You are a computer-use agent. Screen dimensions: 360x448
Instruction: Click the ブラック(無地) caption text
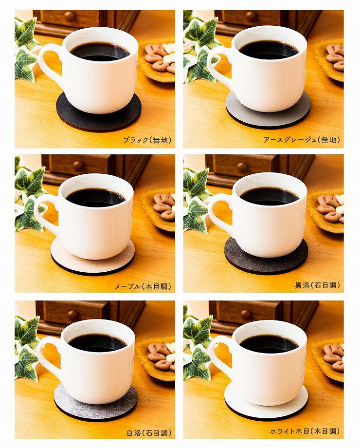tap(147, 140)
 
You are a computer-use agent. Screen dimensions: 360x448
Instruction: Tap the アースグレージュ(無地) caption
tap(302, 140)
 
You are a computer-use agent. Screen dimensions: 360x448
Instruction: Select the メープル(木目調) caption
tap(143, 286)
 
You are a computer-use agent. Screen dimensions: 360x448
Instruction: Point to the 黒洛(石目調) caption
tap(318, 285)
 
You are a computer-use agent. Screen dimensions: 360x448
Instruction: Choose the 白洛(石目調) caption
tap(149, 433)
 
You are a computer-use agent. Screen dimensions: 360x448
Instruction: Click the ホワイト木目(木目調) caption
tap(305, 431)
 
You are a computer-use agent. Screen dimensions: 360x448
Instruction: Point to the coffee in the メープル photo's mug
tap(96, 197)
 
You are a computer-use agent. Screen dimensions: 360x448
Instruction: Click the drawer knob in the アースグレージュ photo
tap(251, 17)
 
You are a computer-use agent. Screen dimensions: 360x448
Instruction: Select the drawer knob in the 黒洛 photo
tap(242, 168)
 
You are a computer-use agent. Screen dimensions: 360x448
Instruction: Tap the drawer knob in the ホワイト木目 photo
tap(246, 315)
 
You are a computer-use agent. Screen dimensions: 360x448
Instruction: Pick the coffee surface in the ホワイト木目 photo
tap(269, 344)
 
